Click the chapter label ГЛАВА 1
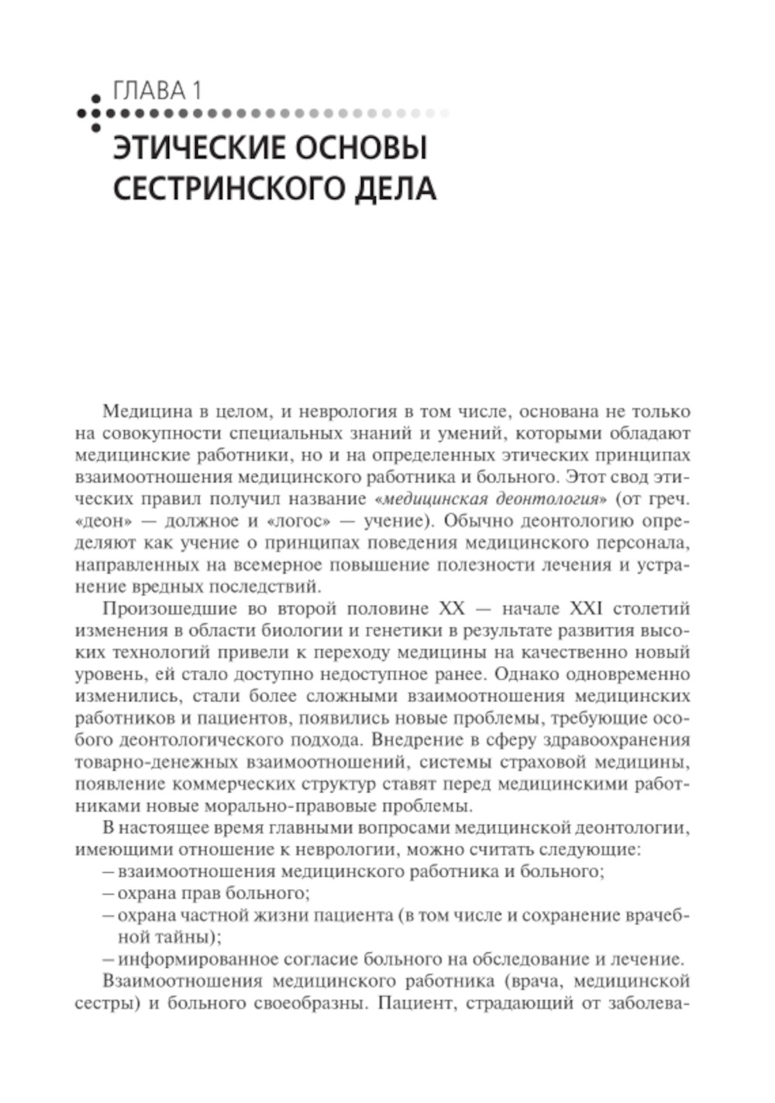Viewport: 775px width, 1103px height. pyautogui.click(x=157, y=91)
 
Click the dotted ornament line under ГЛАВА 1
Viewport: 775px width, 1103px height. pyautogui.click(x=263, y=113)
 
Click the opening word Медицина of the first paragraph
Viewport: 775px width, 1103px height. pyautogui.click(x=143, y=412)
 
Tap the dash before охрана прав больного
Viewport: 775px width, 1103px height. pyautogui.click(x=108, y=893)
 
